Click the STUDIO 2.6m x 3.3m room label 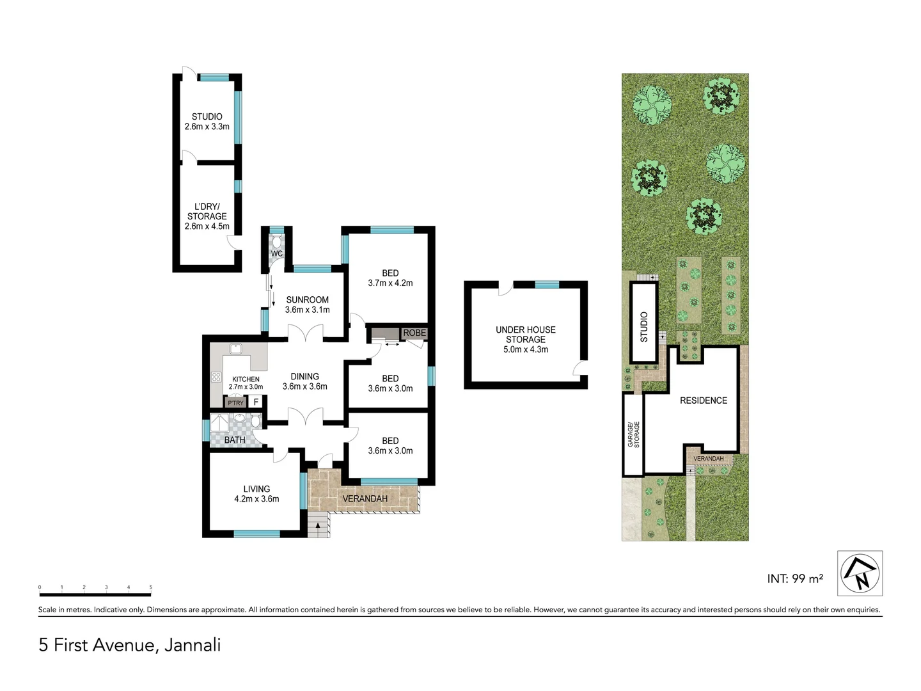tap(207, 122)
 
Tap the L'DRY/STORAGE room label tap(207, 216)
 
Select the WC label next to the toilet tap(276, 253)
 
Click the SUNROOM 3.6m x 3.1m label tap(307, 305)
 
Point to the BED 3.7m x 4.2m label tap(390, 278)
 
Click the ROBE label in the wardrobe tap(414, 333)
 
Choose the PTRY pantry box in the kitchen tap(235, 403)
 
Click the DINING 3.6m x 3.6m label tap(304, 381)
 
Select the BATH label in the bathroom tap(235, 440)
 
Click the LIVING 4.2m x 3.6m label tap(256, 493)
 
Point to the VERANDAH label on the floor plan tap(365, 498)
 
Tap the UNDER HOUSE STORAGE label tap(526, 339)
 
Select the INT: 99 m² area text tap(795, 578)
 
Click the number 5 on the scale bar tap(151, 587)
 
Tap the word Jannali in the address tap(193, 644)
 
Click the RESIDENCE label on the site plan tap(704, 401)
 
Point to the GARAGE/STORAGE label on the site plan tap(633, 434)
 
